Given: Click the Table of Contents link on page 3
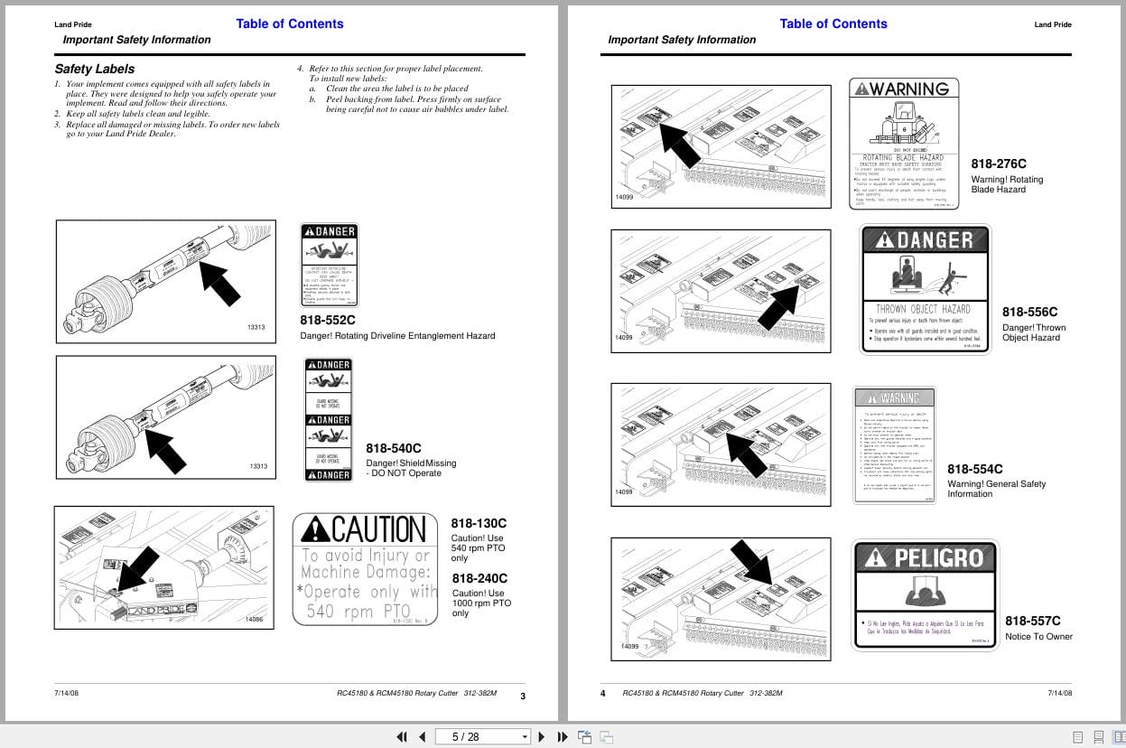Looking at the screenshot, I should pyautogui.click(x=289, y=23).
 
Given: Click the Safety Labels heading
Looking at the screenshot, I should pyautogui.click(x=95, y=69).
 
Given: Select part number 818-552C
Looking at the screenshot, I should pyautogui.click(x=328, y=320).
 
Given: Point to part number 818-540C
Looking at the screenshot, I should pyautogui.click(x=394, y=448).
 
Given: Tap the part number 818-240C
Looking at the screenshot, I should pyautogui.click(x=479, y=578).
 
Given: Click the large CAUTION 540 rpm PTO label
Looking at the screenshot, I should pyautogui.click(x=366, y=569).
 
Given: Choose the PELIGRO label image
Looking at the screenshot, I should pyautogui.click(x=925, y=594).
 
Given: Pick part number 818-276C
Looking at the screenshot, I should pyautogui.click(x=999, y=164).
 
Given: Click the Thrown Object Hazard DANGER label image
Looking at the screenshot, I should pyautogui.click(x=926, y=288).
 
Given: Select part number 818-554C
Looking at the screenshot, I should pyautogui.click(x=975, y=469).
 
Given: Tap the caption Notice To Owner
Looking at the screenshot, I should pyautogui.click(x=1038, y=637).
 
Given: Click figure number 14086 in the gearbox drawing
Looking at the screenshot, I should pyautogui.click(x=254, y=620).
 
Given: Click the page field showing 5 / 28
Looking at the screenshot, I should pyautogui.click(x=482, y=736).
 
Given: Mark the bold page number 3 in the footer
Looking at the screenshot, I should pyautogui.click(x=523, y=696).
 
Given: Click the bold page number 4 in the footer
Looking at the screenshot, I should pyautogui.click(x=603, y=694).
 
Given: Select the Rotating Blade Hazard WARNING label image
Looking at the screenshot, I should pyautogui.click(x=904, y=144).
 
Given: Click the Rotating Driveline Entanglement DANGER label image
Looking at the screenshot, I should pyautogui.click(x=329, y=266).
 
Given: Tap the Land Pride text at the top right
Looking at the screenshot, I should pyautogui.click(x=1053, y=24).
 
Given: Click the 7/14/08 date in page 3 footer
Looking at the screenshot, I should pyautogui.click(x=66, y=693).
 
